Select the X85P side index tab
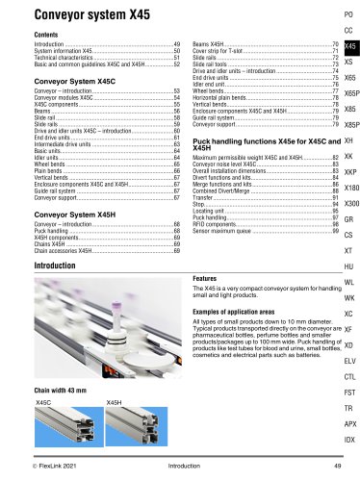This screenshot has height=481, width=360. point(350,125)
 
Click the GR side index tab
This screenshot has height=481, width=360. point(348,219)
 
